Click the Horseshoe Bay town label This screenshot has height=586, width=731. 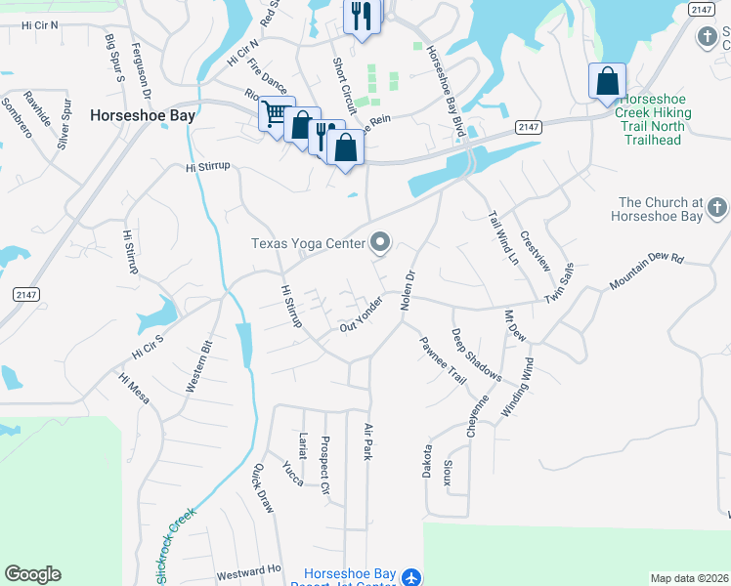click(143, 114)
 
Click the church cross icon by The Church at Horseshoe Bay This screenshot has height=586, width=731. click(717, 207)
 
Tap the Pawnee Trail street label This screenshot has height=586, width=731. click(443, 358)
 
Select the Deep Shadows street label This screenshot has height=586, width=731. click(476, 356)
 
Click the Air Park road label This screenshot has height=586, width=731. click(368, 442)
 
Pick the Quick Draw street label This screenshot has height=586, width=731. click(264, 487)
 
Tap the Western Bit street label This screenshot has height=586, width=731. click(198, 366)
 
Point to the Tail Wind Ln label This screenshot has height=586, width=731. click(502, 237)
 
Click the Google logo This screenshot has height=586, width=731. click(32, 574)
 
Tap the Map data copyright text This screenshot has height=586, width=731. click(689, 578)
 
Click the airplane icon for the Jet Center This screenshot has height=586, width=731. click(410, 577)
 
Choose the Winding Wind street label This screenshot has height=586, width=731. click(518, 389)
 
